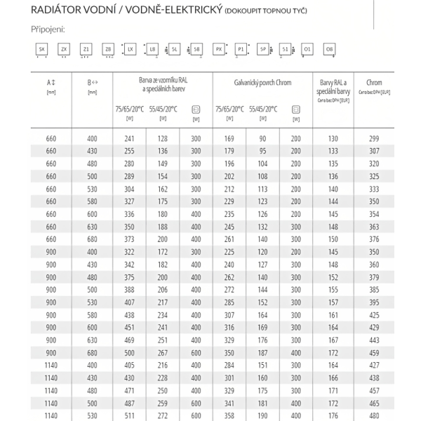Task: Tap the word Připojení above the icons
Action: pos(48,30)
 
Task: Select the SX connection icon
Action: pos(42,49)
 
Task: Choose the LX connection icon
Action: pos(131,49)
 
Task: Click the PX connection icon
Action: pos(218,49)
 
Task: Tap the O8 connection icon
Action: pos(328,49)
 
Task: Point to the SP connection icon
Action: pos(262,49)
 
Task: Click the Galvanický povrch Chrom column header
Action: pos(262,83)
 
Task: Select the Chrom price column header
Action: pos(374,83)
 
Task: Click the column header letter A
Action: pos(51,83)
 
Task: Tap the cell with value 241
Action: pos(128,138)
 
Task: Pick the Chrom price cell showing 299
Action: pos(374,138)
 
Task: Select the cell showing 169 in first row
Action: pos(229,138)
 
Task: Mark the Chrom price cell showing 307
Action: pos(374,151)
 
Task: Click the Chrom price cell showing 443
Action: pos(374,340)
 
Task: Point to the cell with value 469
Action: pos(128,340)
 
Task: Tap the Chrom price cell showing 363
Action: pos(374,227)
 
